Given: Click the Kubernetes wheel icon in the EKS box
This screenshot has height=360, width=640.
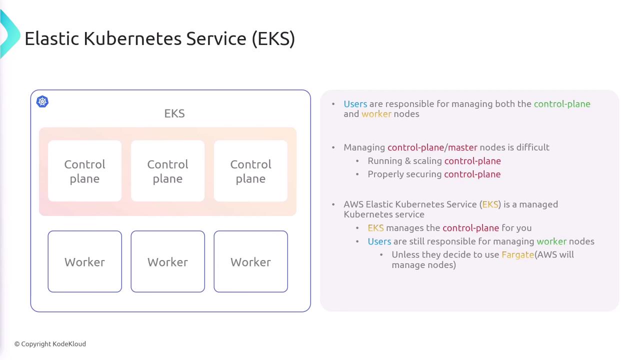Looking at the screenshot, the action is (42, 101).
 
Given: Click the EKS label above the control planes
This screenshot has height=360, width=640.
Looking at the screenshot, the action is (174, 113).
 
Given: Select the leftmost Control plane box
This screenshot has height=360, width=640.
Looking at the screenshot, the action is (85, 171).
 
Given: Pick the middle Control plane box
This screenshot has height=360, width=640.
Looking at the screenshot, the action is (167, 171).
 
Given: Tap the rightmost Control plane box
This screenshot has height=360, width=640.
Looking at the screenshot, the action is (251, 171).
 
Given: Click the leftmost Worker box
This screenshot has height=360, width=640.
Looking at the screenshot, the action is (85, 261).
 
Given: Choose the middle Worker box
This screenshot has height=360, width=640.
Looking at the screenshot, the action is (167, 261).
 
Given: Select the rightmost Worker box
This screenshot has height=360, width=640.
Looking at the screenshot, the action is (251, 261).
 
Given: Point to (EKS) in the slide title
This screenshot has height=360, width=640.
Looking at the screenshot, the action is (273, 39).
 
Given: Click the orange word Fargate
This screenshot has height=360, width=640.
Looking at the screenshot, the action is (517, 255).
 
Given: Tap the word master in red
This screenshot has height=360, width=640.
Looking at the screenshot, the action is (462, 147).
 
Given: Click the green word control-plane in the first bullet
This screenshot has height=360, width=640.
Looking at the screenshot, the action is (562, 104).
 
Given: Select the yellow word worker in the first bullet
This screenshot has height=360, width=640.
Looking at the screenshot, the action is (376, 114).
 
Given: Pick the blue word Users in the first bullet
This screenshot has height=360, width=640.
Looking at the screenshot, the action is (355, 104).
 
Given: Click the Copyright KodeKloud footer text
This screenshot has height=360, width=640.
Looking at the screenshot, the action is (50, 344).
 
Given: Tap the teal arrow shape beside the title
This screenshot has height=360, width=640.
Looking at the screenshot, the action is (10, 33).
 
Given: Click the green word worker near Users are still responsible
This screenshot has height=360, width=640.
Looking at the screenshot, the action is (551, 241).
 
